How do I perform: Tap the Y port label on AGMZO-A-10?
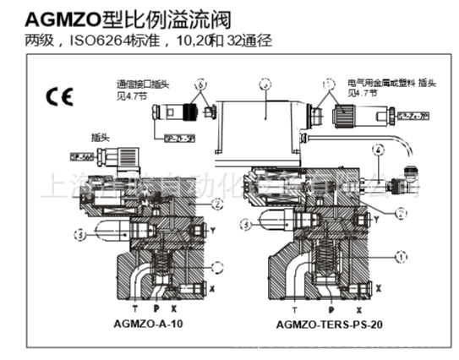[212, 229]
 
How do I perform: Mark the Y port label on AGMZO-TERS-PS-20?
[378, 226]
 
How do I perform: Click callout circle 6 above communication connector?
[199, 85]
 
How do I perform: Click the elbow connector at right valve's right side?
[410, 174]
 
